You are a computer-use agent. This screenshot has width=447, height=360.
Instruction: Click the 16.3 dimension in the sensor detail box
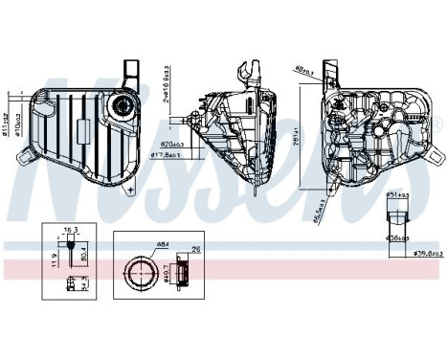coord(69,231)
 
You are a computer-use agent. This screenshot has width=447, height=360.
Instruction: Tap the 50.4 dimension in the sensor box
coord(84,255)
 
